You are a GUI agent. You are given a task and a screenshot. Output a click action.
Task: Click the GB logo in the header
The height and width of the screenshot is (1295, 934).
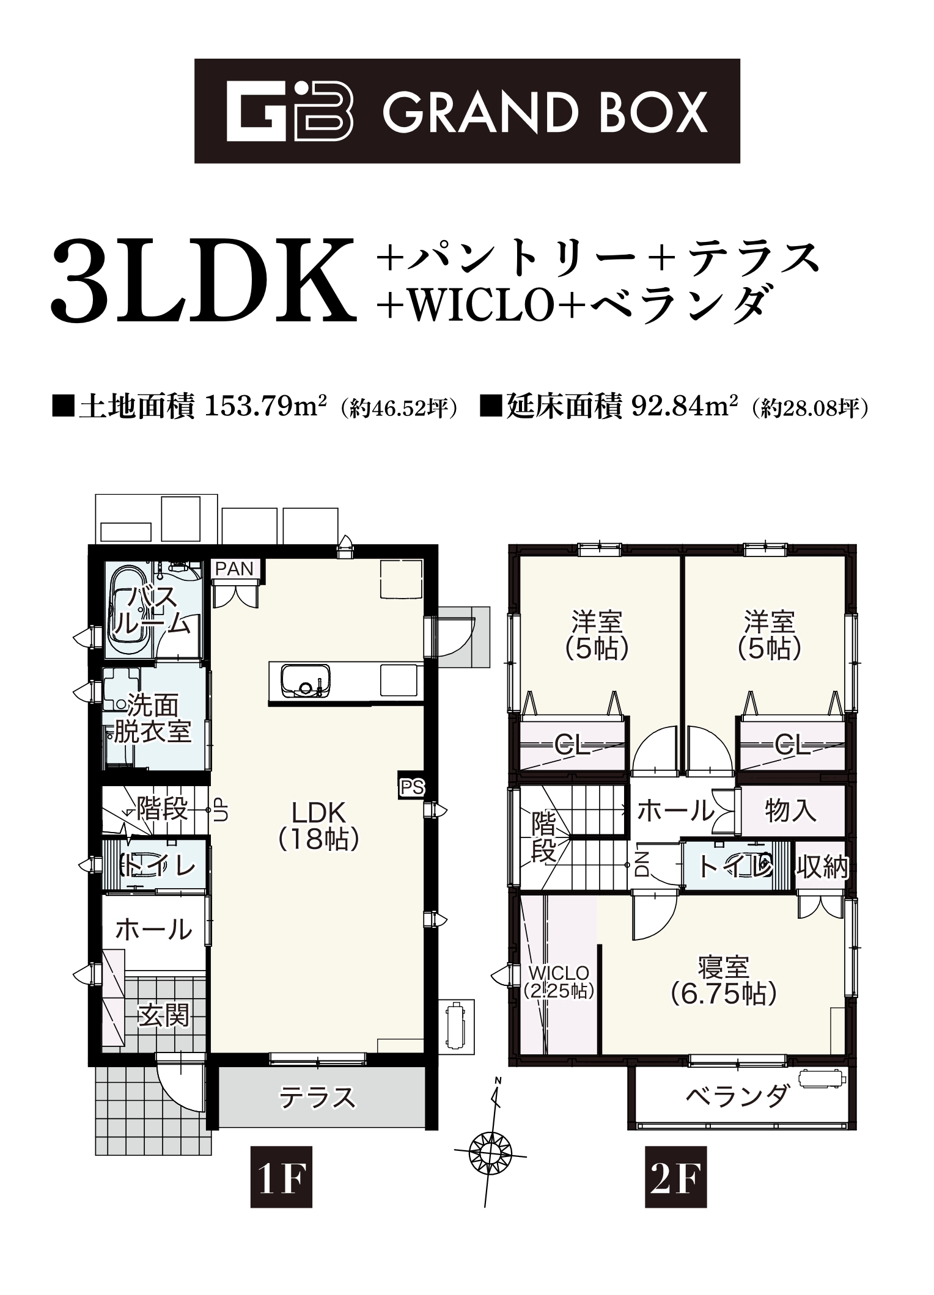tap(289, 111)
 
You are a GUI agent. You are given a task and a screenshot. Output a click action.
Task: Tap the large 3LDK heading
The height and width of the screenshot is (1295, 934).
tap(204, 282)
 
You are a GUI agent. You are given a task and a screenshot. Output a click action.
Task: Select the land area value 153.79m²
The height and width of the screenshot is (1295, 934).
tap(265, 406)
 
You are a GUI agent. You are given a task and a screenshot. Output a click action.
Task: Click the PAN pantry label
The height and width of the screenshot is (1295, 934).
tap(235, 569)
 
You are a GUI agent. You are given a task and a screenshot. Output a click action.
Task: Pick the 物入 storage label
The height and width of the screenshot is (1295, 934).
tap(792, 811)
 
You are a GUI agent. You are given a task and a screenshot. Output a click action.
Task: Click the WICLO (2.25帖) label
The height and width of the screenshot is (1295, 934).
tap(559, 981)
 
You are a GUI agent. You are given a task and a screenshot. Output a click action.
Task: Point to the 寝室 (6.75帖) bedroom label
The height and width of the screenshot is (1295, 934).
tap(724, 981)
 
